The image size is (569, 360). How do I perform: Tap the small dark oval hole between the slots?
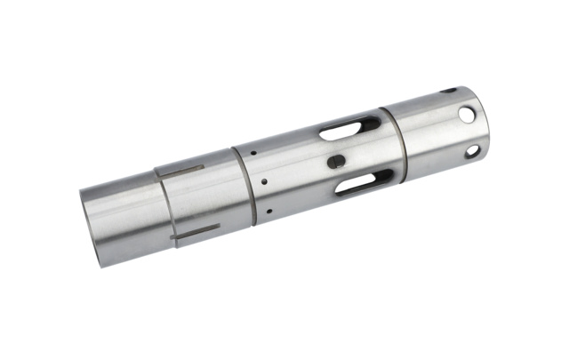336,162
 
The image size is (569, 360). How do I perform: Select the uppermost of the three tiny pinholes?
253,152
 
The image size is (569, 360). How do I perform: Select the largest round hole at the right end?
467,115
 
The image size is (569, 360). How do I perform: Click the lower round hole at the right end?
472,151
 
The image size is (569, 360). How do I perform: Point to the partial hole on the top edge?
449,90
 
